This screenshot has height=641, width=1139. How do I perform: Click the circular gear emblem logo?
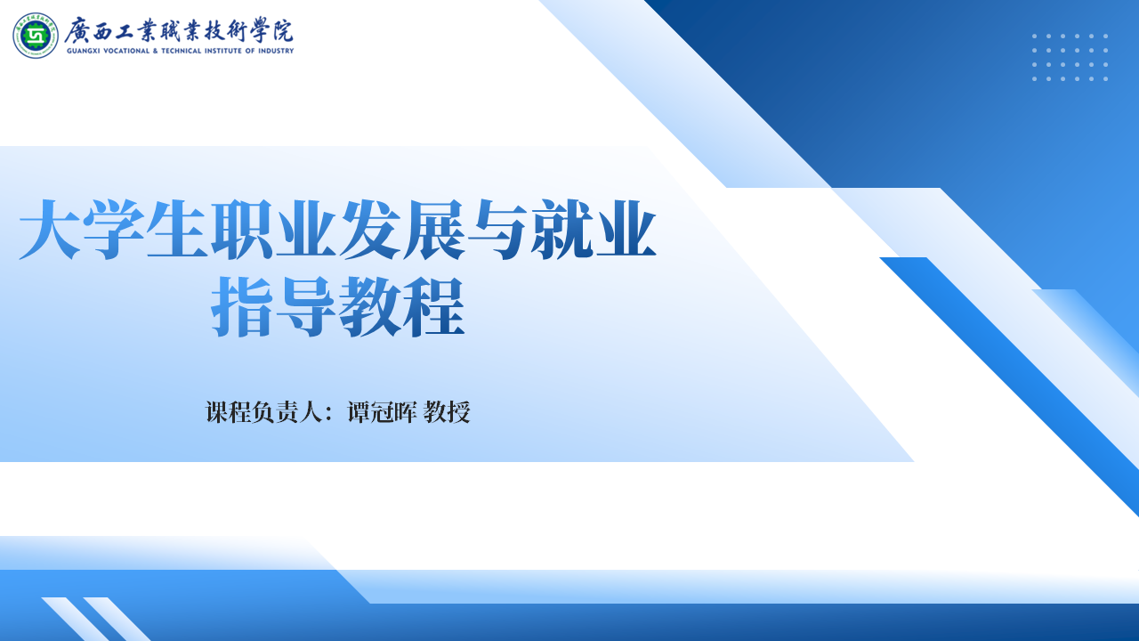(36, 36)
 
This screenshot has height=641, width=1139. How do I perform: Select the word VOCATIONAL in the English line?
(126, 51)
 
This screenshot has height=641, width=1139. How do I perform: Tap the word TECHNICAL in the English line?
(182, 51)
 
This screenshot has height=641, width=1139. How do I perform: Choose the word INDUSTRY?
(276, 51)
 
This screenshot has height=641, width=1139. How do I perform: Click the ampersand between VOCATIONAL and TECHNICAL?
(156, 51)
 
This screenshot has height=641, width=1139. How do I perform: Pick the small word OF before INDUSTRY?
(250, 51)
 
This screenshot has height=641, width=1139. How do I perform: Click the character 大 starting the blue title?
(50, 230)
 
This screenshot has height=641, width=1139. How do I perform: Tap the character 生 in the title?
(177, 230)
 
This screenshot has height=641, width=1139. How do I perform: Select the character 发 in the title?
(369, 230)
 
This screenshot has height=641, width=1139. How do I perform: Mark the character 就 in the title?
(561, 230)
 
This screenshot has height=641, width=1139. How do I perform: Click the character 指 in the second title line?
(242, 307)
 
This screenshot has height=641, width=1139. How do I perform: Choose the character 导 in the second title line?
(305, 307)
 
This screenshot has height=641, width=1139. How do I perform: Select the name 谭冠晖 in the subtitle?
(382, 411)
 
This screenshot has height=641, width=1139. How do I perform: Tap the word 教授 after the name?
(447, 411)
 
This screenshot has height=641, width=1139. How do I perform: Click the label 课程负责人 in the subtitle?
(264, 411)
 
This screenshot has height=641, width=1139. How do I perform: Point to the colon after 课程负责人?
(329, 413)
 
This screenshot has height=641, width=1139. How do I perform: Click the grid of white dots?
(1070, 58)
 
